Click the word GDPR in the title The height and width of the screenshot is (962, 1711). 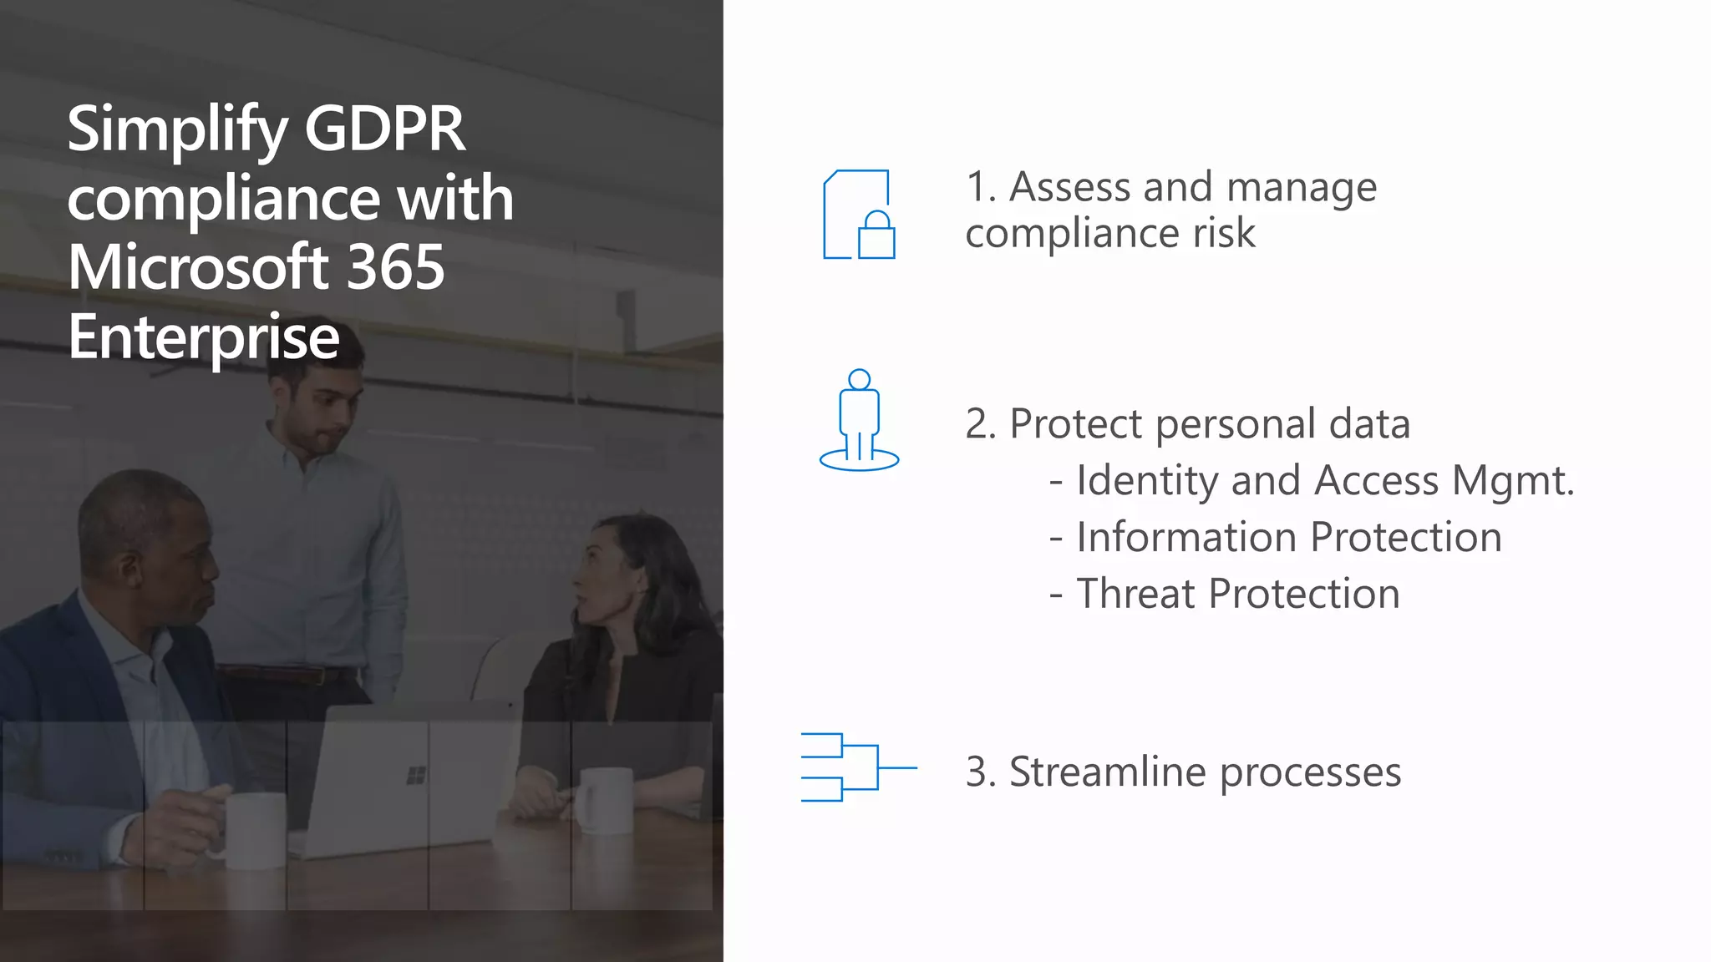[384, 129]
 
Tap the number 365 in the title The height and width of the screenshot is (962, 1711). [394, 267]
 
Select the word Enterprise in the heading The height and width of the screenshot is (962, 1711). [204, 337]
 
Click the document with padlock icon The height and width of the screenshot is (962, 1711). [859, 215]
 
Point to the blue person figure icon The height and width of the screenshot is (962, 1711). [859, 420]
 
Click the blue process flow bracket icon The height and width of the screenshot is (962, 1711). [858, 767]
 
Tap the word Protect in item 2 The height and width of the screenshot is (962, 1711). [1075, 423]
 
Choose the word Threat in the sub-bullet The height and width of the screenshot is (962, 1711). [1135, 594]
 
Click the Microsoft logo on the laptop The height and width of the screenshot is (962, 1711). [415, 776]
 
